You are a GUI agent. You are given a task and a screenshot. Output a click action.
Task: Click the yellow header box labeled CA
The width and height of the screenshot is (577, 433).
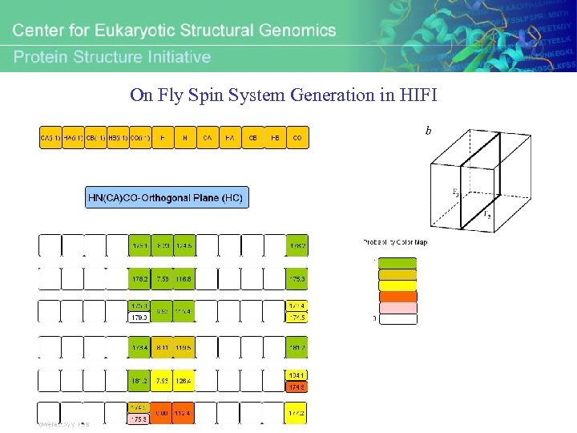click(x=208, y=138)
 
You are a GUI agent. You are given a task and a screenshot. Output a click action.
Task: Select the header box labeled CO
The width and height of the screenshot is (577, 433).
click(x=297, y=138)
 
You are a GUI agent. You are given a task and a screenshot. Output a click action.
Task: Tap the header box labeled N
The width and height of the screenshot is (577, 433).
click(x=185, y=138)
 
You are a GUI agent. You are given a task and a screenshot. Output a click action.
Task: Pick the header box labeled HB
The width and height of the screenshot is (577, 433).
click(x=275, y=138)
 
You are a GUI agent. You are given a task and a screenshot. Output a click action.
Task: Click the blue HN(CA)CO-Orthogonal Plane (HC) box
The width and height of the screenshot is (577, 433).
click(x=167, y=197)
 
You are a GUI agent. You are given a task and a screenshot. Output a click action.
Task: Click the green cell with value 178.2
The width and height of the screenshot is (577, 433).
click(x=139, y=279)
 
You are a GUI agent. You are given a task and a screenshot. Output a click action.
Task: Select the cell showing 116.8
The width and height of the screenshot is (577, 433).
click(x=185, y=279)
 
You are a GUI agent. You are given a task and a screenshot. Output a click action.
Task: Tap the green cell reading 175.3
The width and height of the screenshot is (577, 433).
click(x=297, y=279)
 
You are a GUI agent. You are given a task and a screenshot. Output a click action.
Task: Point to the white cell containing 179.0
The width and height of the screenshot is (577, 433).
click(x=139, y=318)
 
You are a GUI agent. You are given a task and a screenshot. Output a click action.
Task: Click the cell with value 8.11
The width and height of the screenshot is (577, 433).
click(x=163, y=346)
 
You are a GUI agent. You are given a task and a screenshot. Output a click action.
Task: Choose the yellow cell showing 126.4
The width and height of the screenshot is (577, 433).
click(x=185, y=380)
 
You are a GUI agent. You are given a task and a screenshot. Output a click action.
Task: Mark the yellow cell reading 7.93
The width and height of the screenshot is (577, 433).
click(x=163, y=380)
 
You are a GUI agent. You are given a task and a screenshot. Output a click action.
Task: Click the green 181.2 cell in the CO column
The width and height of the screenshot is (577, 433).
click(x=297, y=346)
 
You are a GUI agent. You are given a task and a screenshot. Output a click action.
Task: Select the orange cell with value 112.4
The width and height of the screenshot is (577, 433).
click(x=185, y=414)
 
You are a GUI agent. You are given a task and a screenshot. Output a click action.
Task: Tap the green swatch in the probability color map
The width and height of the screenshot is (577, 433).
click(x=397, y=263)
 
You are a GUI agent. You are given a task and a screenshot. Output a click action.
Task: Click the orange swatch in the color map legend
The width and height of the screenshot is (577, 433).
click(x=397, y=296)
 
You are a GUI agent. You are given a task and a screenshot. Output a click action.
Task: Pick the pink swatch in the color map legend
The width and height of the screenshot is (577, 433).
click(x=397, y=307)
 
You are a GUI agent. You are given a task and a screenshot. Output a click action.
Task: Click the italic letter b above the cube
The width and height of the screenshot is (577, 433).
click(x=428, y=129)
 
